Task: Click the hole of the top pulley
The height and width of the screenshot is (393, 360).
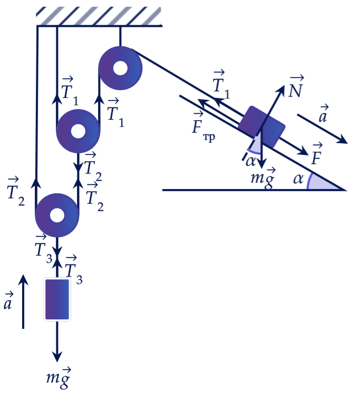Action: [x=120, y=68]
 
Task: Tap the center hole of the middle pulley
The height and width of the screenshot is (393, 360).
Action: [x=78, y=131]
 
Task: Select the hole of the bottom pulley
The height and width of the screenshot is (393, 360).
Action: [x=57, y=215]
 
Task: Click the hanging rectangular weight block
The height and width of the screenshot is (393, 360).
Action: [x=57, y=299]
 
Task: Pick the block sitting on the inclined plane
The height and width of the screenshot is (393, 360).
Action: [x=261, y=127]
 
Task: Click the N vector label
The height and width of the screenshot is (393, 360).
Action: [x=296, y=87]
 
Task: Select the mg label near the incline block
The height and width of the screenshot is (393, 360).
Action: [x=263, y=179]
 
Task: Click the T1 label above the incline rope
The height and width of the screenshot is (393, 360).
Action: [x=221, y=85]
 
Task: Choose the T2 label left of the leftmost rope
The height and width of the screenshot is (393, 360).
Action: [x=16, y=192]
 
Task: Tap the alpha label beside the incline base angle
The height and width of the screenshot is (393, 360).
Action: [x=298, y=179]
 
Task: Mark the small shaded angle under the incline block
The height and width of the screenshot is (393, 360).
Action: [x=255, y=145]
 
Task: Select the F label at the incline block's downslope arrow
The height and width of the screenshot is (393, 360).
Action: [x=317, y=154]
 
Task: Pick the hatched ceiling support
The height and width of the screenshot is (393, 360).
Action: [x=99, y=16]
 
